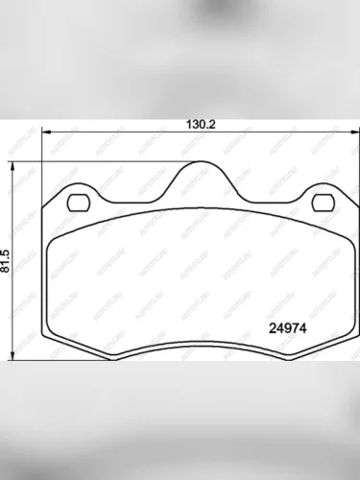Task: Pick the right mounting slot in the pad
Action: coord(321,203)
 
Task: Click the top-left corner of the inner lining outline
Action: coord(56,233)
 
